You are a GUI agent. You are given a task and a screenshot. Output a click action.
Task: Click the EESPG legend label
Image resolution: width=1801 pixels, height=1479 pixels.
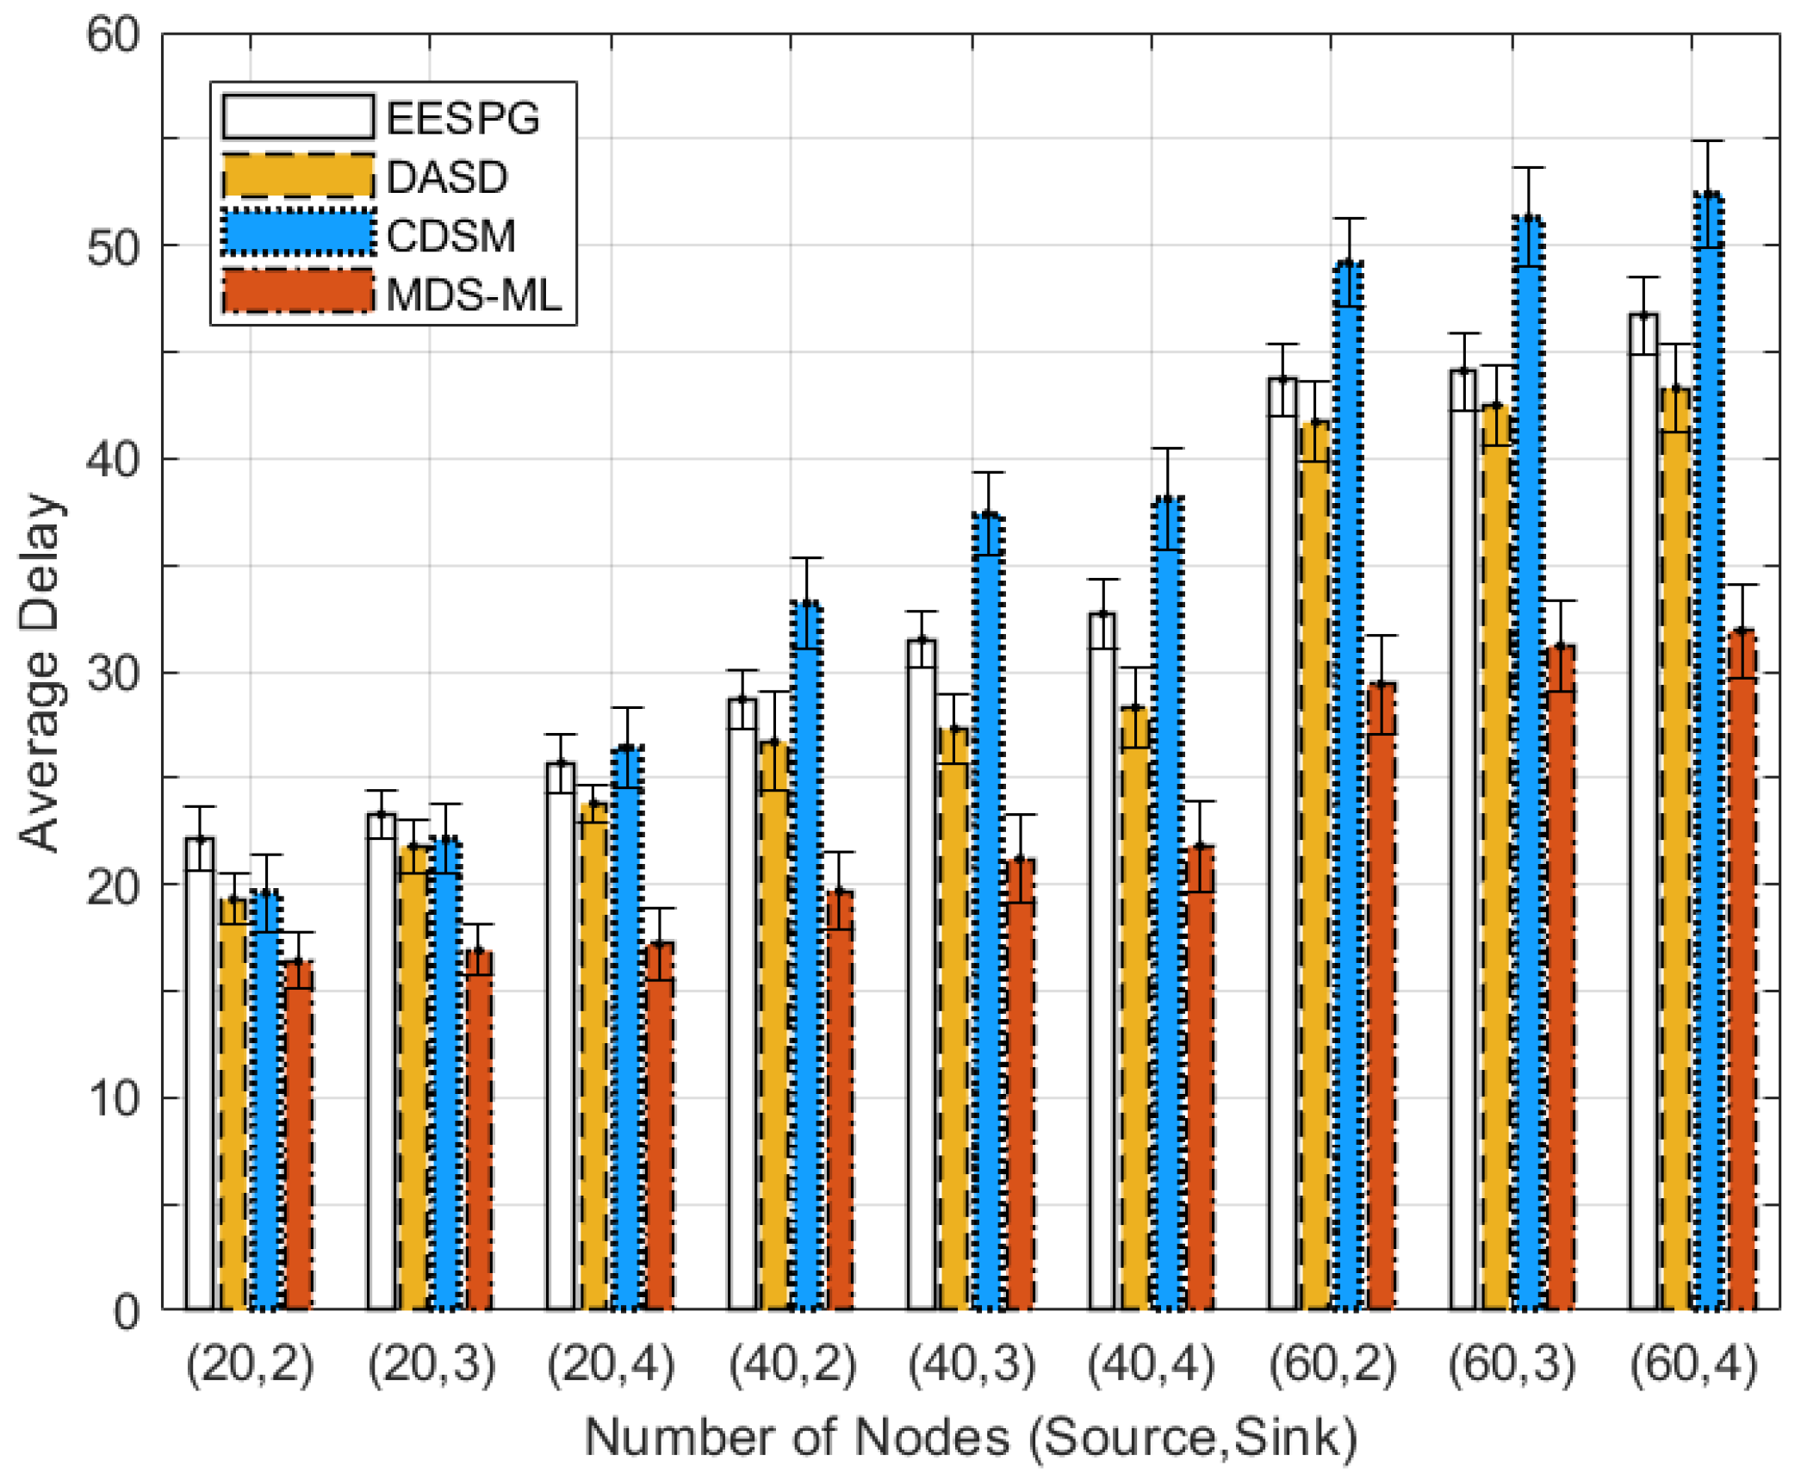coord(463,118)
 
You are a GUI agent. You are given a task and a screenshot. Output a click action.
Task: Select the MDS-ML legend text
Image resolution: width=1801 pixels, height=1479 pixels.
coord(474,295)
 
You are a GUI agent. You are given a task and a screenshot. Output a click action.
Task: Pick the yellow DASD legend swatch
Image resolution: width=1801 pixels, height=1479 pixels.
coord(298,176)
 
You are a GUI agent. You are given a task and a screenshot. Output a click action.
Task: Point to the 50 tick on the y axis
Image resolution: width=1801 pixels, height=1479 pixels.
coord(113,247)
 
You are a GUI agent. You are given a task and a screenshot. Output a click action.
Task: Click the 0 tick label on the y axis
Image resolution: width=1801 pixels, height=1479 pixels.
coord(126,1313)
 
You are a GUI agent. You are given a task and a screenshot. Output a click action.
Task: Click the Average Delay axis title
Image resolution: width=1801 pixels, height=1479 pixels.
coord(40,673)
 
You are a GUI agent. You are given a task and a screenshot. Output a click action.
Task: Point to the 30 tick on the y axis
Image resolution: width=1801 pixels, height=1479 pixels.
coord(113,673)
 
